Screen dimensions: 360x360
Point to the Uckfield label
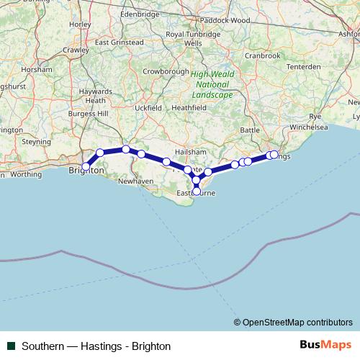(148, 107)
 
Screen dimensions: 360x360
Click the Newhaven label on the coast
(135, 182)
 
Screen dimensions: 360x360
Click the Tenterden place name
(305, 66)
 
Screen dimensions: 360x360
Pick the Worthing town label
(26, 174)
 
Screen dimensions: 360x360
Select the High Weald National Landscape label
(212, 84)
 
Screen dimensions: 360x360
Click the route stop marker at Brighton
(86, 166)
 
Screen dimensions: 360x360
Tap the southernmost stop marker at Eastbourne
(197, 191)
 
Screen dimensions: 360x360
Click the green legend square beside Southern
(11, 346)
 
